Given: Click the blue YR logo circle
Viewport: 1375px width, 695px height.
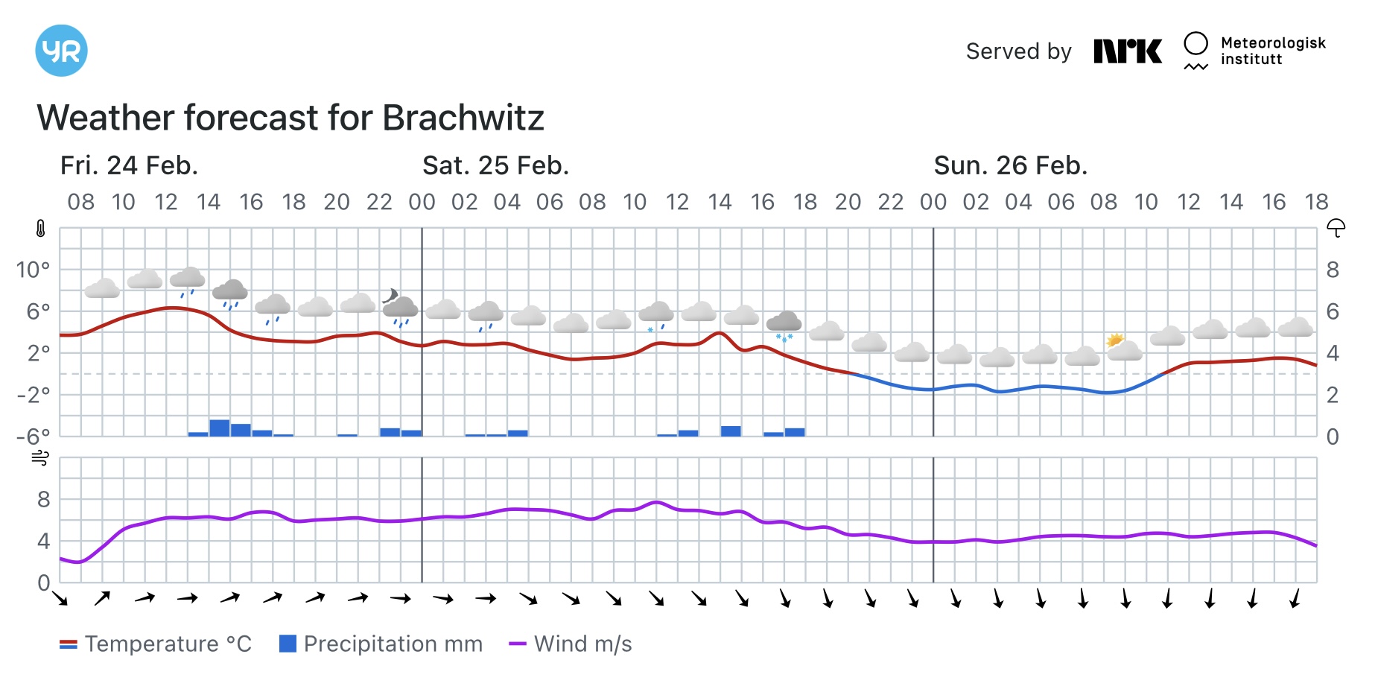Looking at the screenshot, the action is (61, 51).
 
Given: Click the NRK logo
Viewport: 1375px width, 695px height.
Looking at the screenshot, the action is (1128, 51).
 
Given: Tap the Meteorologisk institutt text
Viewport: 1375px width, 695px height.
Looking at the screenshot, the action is (1273, 51).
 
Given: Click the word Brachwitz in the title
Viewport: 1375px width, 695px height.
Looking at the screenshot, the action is (463, 117).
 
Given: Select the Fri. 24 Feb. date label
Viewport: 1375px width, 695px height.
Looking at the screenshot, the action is (129, 165).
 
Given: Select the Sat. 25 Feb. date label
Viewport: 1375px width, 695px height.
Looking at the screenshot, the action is (495, 165).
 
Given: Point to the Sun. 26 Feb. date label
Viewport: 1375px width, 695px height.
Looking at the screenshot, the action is (1011, 165).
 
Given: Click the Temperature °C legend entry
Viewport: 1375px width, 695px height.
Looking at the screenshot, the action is (156, 644).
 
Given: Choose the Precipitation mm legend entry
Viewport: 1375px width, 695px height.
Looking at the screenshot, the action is (381, 644).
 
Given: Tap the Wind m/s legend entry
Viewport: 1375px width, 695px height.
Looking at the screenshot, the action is (571, 644).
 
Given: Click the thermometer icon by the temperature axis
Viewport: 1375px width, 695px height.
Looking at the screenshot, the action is (40, 229).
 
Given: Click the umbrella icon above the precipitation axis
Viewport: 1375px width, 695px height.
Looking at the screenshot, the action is (1336, 228).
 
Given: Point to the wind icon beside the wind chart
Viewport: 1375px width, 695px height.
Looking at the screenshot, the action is (40, 457).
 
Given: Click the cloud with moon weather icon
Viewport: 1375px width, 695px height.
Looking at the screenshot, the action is (400, 307).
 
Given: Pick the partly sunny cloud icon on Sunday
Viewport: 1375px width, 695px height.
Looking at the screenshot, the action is (1124, 347).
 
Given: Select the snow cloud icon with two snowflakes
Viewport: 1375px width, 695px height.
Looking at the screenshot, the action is (784, 326).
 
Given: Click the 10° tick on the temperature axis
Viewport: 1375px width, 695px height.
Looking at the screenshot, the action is (34, 270).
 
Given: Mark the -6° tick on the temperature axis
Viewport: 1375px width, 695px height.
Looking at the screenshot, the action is (34, 436).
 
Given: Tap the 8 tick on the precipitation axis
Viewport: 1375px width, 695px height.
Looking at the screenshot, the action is (1333, 270).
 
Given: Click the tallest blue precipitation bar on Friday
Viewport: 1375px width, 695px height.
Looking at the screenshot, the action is (220, 428).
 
